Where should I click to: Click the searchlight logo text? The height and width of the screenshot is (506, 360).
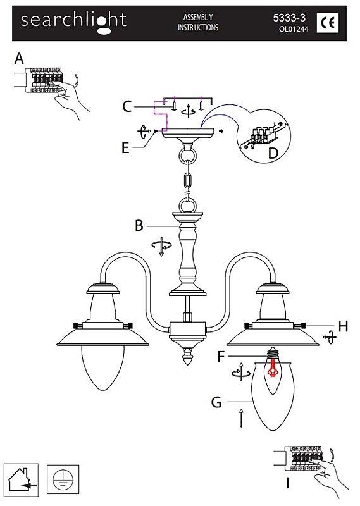coord(73,22)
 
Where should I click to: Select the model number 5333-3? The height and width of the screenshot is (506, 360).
coord(289,18)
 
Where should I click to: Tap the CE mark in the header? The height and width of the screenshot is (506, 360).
coord(328,22)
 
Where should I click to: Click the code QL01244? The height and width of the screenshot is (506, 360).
coord(294,29)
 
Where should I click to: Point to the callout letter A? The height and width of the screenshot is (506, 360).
coord(20,59)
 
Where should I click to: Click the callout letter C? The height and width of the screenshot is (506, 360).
coord(127,106)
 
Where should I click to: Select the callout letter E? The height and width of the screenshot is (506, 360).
coord(126,148)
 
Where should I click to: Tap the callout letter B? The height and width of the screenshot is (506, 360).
coord(139,226)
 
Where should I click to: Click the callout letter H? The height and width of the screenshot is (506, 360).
coord(343,326)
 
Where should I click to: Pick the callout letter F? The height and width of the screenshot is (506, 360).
coord(221,357)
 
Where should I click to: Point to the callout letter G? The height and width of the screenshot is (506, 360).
coord(216,402)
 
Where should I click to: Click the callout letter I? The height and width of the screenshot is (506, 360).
coord(288,483)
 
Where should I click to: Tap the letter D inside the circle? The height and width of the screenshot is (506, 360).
coord(273,152)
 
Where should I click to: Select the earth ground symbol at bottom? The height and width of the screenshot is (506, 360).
coord(63,479)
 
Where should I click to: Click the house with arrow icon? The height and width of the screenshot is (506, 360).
coord(22,480)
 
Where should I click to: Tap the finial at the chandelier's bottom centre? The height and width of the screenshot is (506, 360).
coord(188,356)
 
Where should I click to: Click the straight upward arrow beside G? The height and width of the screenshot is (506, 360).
coord(241,418)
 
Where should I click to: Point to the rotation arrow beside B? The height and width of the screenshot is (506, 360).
coord(161,247)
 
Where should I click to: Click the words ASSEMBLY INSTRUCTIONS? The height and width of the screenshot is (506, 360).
coord(198,22)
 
